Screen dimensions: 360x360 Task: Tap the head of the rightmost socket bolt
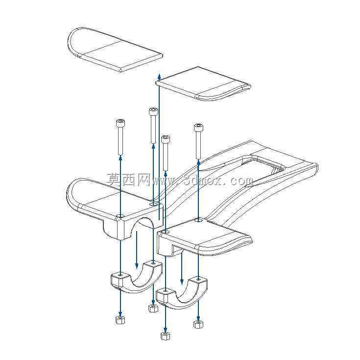198,128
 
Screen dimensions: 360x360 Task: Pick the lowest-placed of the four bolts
166,153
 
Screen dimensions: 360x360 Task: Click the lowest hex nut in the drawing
165,335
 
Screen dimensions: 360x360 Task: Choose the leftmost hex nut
120,320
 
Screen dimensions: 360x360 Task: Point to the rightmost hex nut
198,324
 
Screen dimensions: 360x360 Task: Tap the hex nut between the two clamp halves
153,308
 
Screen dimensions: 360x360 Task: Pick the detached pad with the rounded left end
115,50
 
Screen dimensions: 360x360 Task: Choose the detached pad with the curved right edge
203,84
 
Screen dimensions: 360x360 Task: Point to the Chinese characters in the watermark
129,180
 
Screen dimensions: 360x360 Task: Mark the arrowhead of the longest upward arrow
159,76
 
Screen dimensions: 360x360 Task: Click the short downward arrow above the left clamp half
137,250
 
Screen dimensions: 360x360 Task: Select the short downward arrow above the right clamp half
182,267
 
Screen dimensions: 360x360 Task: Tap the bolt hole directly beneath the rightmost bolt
198,220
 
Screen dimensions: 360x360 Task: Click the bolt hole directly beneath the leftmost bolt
120,216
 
